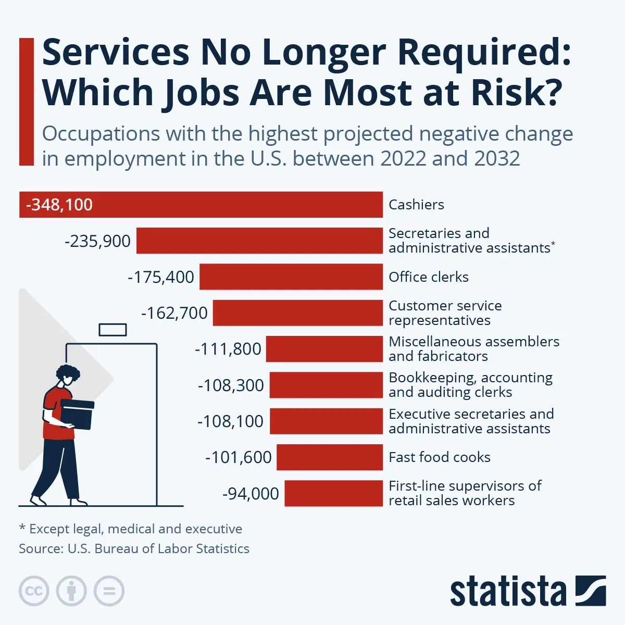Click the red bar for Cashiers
[x=234, y=205]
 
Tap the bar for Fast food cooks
[x=329, y=457]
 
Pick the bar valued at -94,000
[x=333, y=493]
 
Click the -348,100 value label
[x=59, y=205]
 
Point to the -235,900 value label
[x=97, y=241]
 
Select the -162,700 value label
[x=174, y=313]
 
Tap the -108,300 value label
[x=231, y=385]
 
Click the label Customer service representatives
[x=445, y=313]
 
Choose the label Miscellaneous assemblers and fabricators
[x=473, y=349]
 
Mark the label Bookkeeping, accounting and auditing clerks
[x=470, y=385]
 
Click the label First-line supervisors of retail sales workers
[x=465, y=493]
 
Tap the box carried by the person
[x=77, y=414]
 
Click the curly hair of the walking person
[x=68, y=373]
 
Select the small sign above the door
[x=113, y=330]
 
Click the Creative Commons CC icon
[x=34, y=591]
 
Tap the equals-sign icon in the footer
[x=109, y=591]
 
